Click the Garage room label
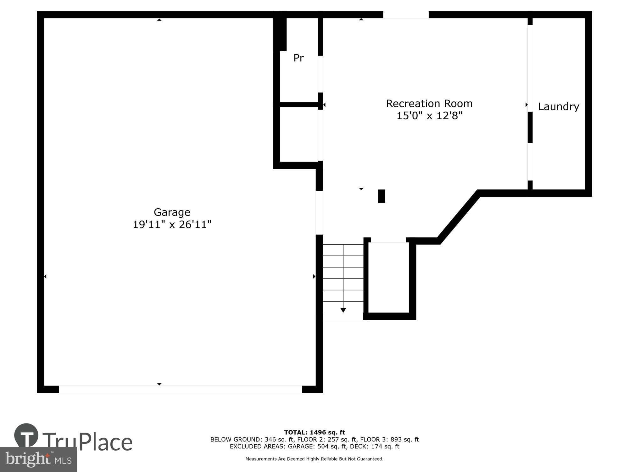[172, 212]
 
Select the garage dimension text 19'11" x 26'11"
[172, 225]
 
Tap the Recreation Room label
[429, 104]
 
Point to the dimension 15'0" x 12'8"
[429, 116]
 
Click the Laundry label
[558, 107]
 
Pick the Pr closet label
[298, 58]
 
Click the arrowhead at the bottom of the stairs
[343, 310]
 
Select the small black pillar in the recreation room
[381, 196]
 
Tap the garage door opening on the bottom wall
[180, 389]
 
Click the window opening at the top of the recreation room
[406, 14]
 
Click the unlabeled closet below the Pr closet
[298, 134]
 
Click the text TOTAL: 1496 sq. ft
[314, 432]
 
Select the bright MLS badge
[38, 460]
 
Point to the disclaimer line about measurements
[314, 459]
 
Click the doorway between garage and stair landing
[319, 213]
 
